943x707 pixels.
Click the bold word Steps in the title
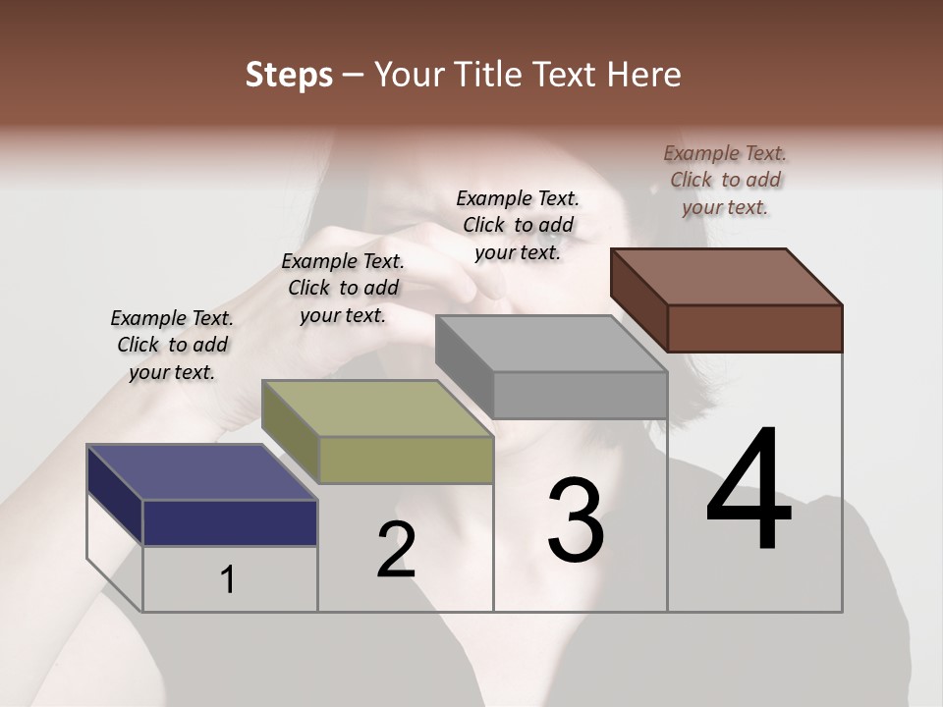coord(289,75)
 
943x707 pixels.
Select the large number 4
coord(749,490)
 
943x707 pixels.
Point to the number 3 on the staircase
coord(576,519)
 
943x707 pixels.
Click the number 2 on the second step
coord(396,550)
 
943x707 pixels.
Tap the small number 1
coord(228,579)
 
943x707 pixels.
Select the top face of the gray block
coord(551,344)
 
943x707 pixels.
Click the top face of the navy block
coord(202,472)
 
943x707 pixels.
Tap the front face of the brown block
coord(754,328)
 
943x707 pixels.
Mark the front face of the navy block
coord(230,522)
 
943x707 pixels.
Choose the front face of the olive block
coord(406,460)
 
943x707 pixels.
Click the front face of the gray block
coord(580,395)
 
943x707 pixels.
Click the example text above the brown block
coord(725,180)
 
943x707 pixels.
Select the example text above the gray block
coord(518,225)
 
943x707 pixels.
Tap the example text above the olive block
coord(343,288)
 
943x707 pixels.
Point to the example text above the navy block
coord(172,345)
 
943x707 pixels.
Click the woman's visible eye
coord(553,228)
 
